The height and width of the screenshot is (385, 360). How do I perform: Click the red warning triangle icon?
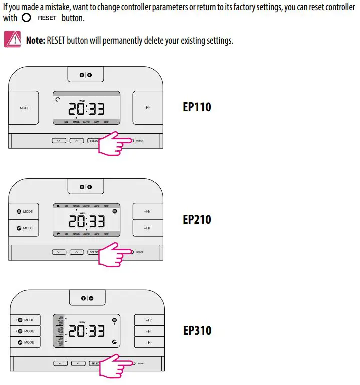pyautogui.click(x=12, y=39)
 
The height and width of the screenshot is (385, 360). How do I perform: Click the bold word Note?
pyautogui.click(x=36, y=40)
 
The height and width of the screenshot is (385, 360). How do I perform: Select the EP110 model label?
pyautogui.click(x=197, y=107)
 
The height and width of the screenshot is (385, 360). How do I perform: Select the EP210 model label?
pyautogui.click(x=197, y=219)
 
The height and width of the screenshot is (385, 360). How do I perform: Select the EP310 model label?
pyautogui.click(x=197, y=331)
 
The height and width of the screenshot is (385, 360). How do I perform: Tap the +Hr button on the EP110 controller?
pyautogui.click(x=147, y=108)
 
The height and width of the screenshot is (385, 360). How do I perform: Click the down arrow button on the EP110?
pyautogui.click(x=59, y=141)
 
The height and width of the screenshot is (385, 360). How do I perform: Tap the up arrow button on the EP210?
pyautogui.click(x=76, y=252)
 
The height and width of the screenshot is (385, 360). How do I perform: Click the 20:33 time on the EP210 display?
pyautogui.click(x=86, y=221)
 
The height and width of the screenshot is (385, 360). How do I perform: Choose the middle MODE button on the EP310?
pyautogui.click(x=25, y=331)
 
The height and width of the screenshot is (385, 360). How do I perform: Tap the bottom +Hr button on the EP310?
pyautogui.click(x=148, y=342)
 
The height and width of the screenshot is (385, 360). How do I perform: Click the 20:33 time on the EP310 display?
pyautogui.click(x=86, y=331)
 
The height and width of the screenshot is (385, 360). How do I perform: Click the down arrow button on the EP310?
pyautogui.click(x=60, y=363)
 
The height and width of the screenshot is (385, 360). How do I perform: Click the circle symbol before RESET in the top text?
pyautogui.click(x=27, y=17)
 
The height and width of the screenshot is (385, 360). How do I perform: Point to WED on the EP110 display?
pyautogui.click(x=82, y=101)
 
